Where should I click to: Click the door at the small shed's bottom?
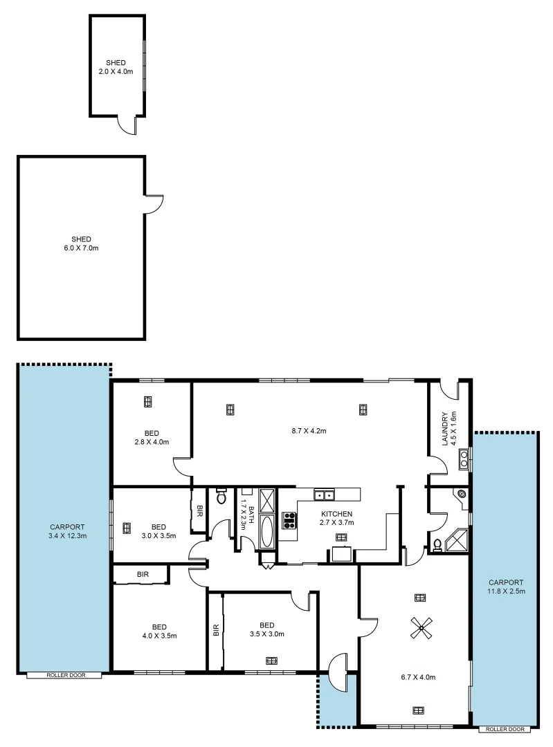click(127, 124)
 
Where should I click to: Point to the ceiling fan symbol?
click(419, 627)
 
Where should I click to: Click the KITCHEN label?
click(337, 514)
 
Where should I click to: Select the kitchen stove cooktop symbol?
click(289, 520)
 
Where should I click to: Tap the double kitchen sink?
click(323, 495)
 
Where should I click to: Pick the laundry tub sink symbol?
click(464, 455)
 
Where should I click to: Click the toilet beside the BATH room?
click(221, 496)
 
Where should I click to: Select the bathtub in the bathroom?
click(266, 531)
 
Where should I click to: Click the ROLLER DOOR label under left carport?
click(66, 674)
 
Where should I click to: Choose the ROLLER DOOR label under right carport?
click(505, 728)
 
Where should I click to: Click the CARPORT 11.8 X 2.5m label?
click(505, 587)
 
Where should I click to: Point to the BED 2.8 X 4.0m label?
click(152, 437)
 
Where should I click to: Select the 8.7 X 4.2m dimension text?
click(309, 430)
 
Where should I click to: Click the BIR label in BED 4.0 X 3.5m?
click(143, 574)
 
